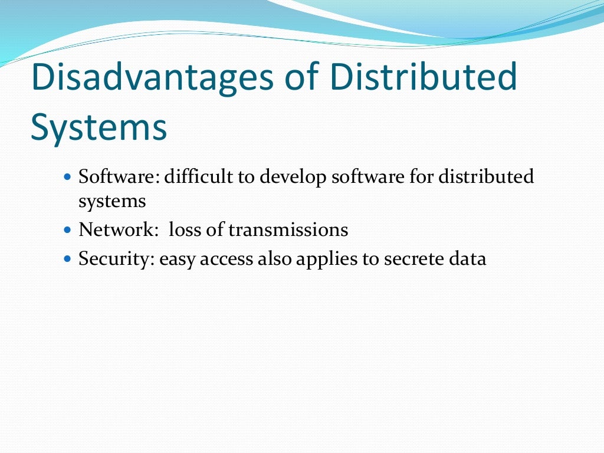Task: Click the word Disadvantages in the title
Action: (152, 78)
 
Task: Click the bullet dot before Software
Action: (66, 176)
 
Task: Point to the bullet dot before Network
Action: (66, 229)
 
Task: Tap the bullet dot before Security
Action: (66, 258)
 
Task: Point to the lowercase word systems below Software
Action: (112, 202)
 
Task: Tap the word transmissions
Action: (288, 229)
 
